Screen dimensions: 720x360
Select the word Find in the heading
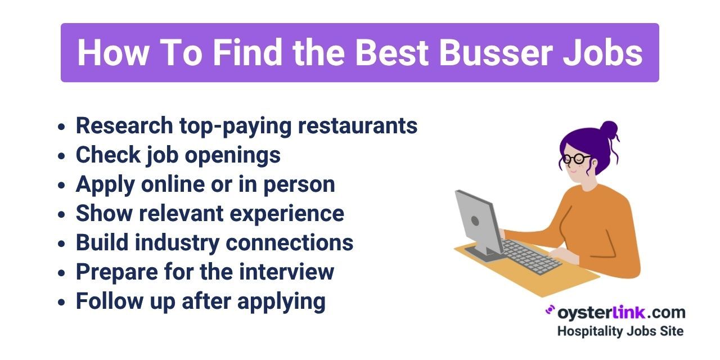pyautogui.click(x=247, y=52)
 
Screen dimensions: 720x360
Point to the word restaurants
pyautogui.click(x=358, y=126)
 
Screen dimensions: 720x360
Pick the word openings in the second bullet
pyautogui.click(x=233, y=156)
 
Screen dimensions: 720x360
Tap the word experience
pyautogui.click(x=287, y=214)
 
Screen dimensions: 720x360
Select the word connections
pyautogui.click(x=290, y=242)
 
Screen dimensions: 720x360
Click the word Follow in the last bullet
pyautogui.click(x=110, y=301)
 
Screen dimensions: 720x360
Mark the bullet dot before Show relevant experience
pyautogui.click(x=61, y=214)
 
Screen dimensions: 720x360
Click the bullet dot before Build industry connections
pyautogui.click(x=61, y=244)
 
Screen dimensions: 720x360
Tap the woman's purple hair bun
pyautogui.click(x=609, y=130)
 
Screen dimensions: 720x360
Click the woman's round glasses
pyautogui.click(x=577, y=159)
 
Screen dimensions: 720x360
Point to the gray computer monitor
pyautogui.click(x=479, y=225)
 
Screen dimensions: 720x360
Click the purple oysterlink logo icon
pyautogui.click(x=550, y=310)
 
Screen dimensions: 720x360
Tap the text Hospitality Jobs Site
pyautogui.click(x=620, y=331)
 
